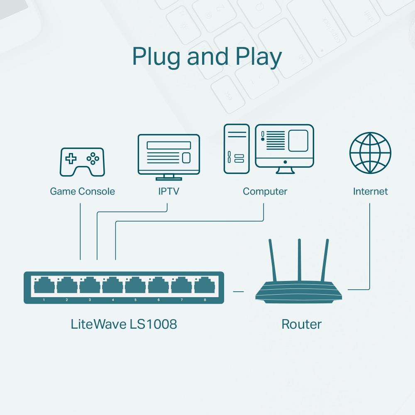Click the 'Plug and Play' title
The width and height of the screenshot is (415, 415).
207,57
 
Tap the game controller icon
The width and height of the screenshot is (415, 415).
83,161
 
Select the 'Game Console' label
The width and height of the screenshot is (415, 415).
82,191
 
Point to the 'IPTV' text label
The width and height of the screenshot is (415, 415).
168,191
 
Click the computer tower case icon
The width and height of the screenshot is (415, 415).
237,149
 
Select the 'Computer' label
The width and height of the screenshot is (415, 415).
265,191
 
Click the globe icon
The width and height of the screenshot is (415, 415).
370,153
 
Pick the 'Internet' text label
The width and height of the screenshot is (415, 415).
370,191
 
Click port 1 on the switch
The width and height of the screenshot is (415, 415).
44,286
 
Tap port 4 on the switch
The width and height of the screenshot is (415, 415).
112,286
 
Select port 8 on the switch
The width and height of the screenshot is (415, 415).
204,286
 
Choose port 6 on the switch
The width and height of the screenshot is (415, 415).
159,286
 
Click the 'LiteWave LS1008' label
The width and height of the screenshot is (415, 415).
124,324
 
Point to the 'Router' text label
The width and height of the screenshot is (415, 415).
301,324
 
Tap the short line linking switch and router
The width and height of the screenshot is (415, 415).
238,291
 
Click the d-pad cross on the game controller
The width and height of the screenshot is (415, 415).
71,158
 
